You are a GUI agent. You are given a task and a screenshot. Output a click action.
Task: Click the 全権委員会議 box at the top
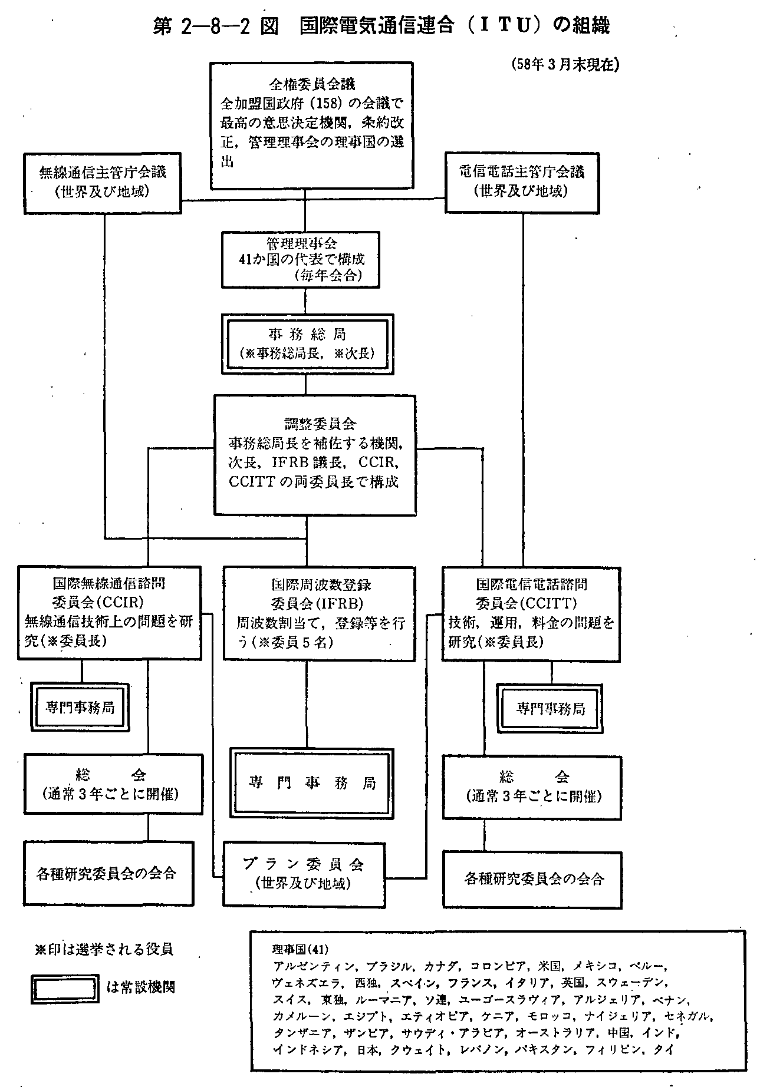[310, 124]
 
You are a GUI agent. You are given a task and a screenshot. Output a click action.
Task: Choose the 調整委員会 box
[315, 454]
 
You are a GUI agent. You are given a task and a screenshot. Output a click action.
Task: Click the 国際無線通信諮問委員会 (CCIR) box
[108, 612]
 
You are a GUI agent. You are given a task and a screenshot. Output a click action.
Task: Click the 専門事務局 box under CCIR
[80, 707]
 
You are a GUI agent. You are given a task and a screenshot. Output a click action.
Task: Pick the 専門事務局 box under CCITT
[550, 708]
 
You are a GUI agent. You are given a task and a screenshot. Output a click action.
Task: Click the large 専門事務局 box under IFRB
[311, 782]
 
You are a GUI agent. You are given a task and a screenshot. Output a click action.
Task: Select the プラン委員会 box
[304, 873]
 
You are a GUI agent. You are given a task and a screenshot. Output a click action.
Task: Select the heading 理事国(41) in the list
[301, 950]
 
